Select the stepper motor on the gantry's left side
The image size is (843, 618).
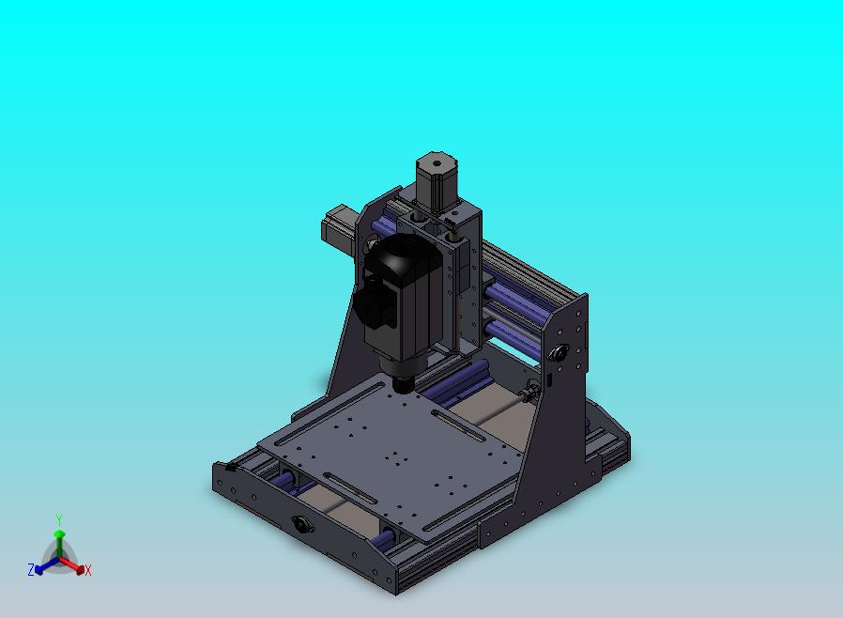(x=338, y=226)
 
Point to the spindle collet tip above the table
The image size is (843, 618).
(x=405, y=383)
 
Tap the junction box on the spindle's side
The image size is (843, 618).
(x=374, y=305)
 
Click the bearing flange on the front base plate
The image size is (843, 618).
(x=302, y=524)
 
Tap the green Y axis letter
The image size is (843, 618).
(x=59, y=519)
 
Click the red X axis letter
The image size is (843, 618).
(x=88, y=570)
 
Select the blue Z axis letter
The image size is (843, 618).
(x=31, y=569)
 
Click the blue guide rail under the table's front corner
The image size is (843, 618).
(x=383, y=539)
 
